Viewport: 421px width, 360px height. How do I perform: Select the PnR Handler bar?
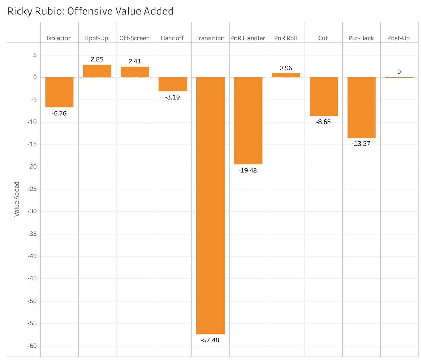(248, 120)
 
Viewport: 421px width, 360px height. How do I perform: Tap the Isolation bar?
(59, 92)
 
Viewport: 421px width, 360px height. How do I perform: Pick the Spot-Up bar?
(97, 71)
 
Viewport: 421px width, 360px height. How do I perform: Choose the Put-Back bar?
(361, 107)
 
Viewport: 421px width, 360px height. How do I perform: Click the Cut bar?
(324, 96)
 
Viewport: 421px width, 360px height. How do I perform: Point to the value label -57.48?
(210, 340)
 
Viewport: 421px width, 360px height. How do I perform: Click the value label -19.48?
(248, 170)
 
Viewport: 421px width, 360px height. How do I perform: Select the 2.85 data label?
(97, 59)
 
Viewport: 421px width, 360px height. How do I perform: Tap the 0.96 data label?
(286, 68)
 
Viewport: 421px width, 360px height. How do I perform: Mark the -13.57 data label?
(361, 143)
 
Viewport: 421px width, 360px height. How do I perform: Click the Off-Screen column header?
(134, 38)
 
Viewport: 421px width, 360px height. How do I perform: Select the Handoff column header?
(172, 38)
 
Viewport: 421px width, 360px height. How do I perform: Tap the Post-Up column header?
(398, 38)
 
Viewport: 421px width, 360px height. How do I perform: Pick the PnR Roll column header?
(286, 38)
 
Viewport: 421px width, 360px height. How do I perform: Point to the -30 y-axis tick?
(32, 211)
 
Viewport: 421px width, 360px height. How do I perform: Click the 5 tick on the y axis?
(35, 55)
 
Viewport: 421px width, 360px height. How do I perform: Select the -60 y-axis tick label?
(32, 346)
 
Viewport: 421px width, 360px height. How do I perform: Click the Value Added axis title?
(16, 199)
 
